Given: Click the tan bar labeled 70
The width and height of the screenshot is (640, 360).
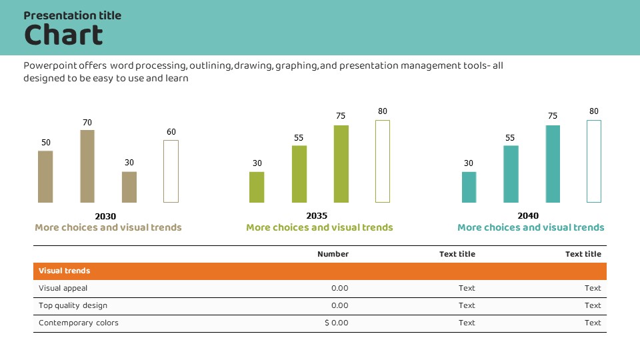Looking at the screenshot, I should click(x=87, y=166).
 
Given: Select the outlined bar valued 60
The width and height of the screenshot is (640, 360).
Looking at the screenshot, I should click(x=171, y=171).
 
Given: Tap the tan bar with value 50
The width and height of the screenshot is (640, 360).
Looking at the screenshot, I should click(x=45, y=177).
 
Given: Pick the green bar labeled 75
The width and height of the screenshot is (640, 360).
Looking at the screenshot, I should click(x=341, y=164).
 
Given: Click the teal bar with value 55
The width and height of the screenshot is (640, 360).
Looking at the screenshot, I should click(x=511, y=174).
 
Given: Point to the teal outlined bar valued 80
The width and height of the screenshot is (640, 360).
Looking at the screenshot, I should click(x=594, y=161).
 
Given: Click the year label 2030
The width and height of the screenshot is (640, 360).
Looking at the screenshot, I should click(x=105, y=216).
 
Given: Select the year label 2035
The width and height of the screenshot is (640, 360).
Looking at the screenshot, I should click(x=317, y=216).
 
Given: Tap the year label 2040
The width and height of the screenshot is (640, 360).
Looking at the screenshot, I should click(x=528, y=216).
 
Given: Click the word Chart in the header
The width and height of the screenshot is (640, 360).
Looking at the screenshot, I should click(x=63, y=35).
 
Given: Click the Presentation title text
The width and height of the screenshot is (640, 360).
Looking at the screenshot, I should click(x=72, y=15).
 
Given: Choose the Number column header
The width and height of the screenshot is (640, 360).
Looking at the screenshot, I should click(x=333, y=254).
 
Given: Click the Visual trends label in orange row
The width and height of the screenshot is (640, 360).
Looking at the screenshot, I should click(x=65, y=271).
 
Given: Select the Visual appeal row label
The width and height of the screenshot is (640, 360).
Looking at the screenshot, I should click(x=63, y=289).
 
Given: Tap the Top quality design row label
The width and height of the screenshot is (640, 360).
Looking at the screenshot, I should click(x=73, y=306).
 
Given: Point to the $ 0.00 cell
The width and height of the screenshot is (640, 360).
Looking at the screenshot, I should click(x=337, y=323).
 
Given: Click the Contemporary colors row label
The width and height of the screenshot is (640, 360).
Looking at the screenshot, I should click(x=79, y=323).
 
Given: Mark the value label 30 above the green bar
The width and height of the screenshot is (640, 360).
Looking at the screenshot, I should click(x=257, y=163).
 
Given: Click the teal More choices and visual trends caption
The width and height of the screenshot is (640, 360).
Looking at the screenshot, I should click(x=531, y=228).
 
